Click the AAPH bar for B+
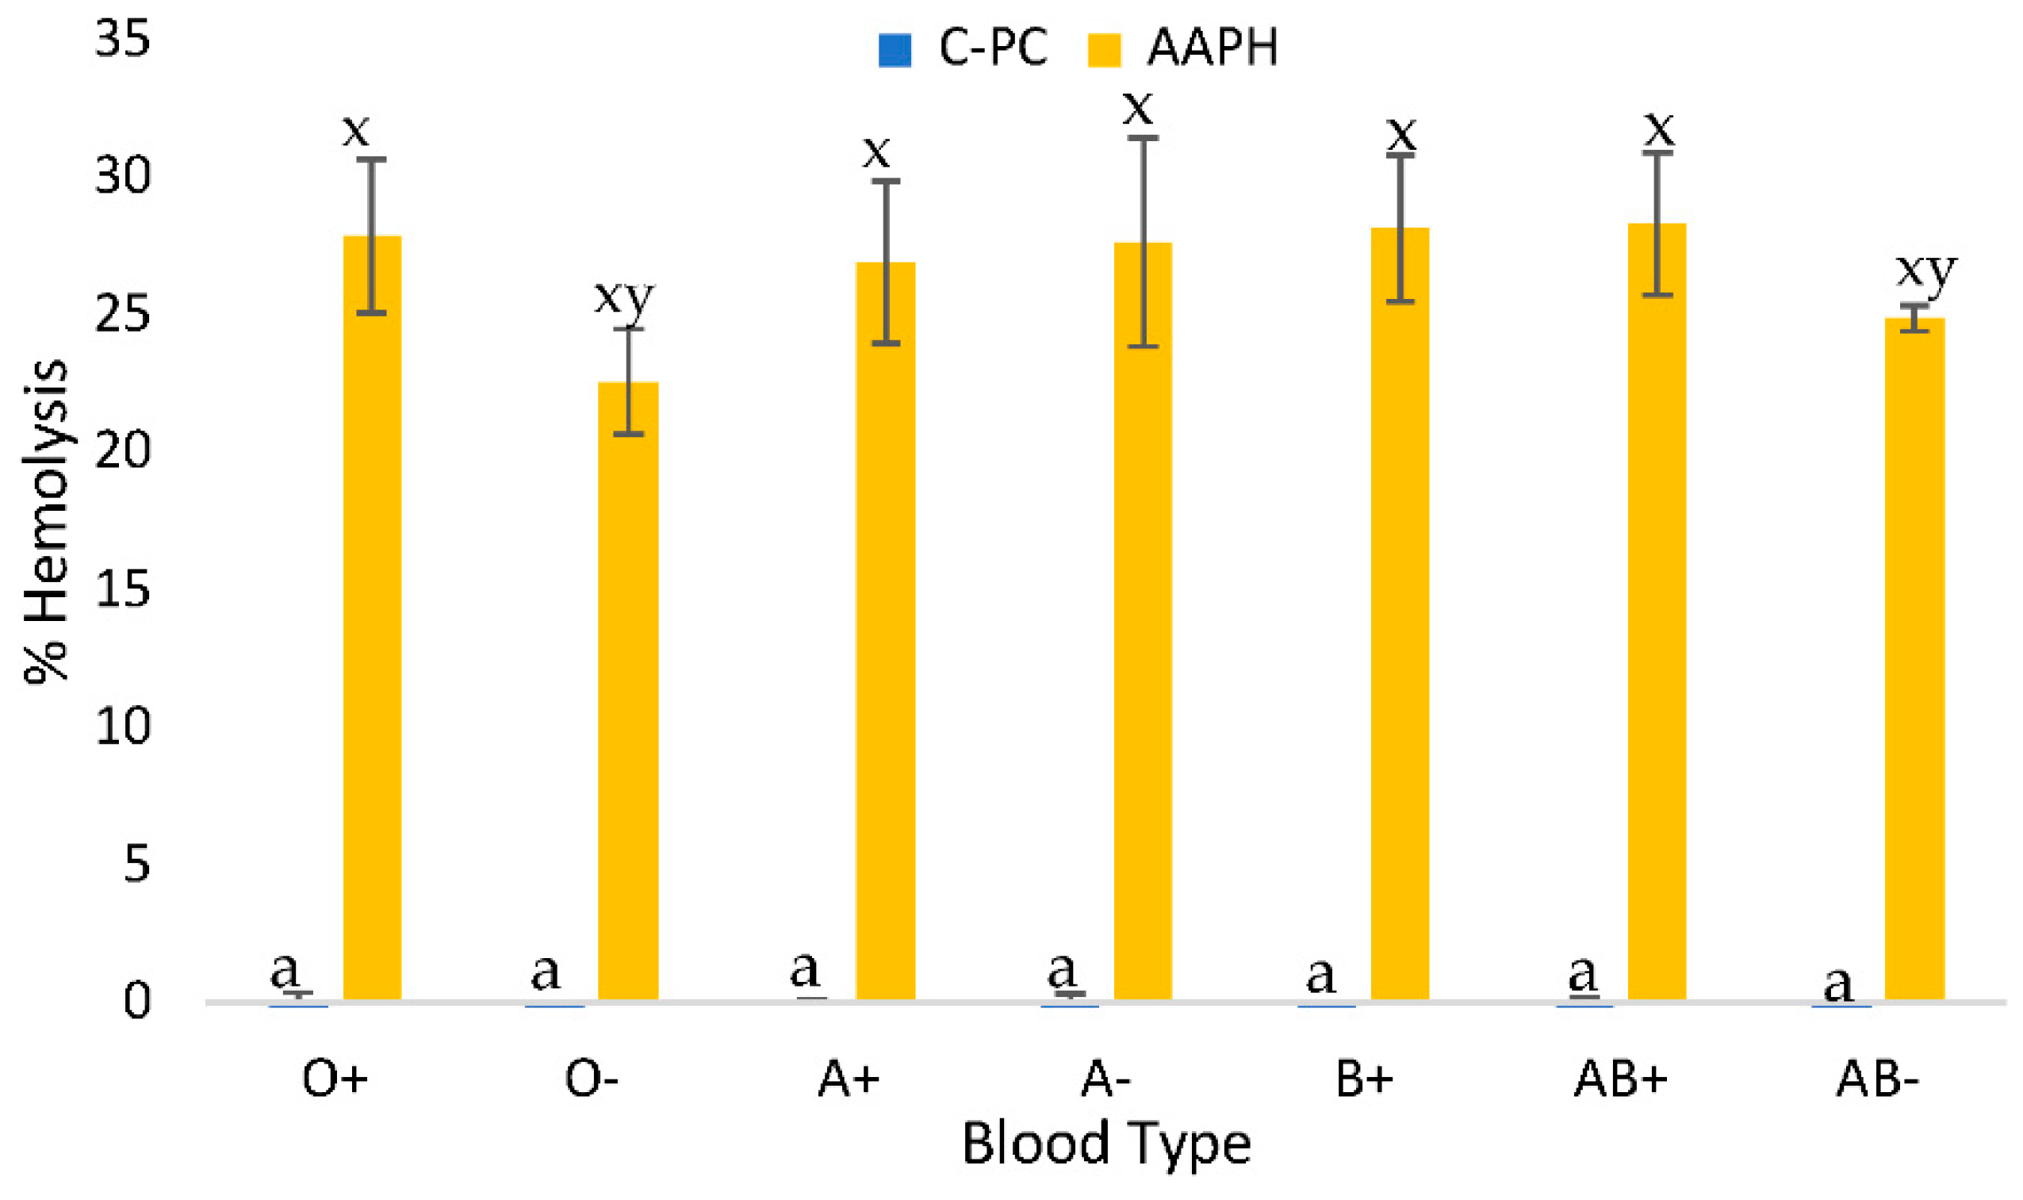[x=1400, y=615]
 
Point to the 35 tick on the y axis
[x=123, y=38]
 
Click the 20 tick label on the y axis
[x=123, y=450]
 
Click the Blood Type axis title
[x=1106, y=1144]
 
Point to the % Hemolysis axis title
[x=46, y=522]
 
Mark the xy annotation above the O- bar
[x=624, y=297]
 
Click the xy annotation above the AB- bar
[x=1927, y=271]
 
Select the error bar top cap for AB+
[x=1657, y=153]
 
